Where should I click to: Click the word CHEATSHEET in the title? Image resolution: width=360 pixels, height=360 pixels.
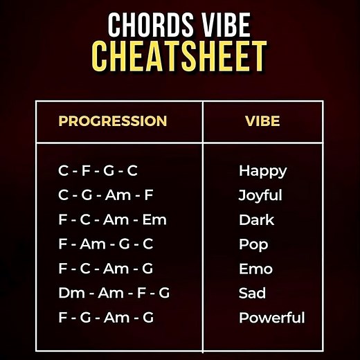[x=179, y=56]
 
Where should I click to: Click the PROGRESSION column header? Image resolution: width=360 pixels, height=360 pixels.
[x=113, y=121]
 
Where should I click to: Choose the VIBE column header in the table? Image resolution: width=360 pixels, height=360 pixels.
[x=262, y=121]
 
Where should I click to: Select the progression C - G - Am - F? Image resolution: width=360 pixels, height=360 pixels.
[x=107, y=195]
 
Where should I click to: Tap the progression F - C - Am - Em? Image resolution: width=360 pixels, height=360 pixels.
[x=113, y=220]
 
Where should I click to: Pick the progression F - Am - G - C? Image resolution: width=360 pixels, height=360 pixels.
[x=106, y=244]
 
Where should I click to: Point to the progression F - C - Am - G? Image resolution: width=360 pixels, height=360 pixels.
[x=106, y=269]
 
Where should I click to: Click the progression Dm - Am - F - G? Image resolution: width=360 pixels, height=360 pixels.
[x=114, y=293]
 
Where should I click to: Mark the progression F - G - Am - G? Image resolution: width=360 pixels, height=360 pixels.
[x=106, y=318]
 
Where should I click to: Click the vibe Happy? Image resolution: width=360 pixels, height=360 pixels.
[x=262, y=170]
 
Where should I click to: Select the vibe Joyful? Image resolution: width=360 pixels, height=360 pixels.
[x=260, y=195]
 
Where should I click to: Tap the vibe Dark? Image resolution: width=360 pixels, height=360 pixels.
[x=256, y=220]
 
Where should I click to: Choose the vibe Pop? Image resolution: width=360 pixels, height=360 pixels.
[x=253, y=244]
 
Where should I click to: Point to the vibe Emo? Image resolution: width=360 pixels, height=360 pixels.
[x=255, y=269]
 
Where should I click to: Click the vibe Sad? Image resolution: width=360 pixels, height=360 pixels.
[x=252, y=293]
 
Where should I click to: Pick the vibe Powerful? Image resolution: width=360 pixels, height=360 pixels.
[x=271, y=318]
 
